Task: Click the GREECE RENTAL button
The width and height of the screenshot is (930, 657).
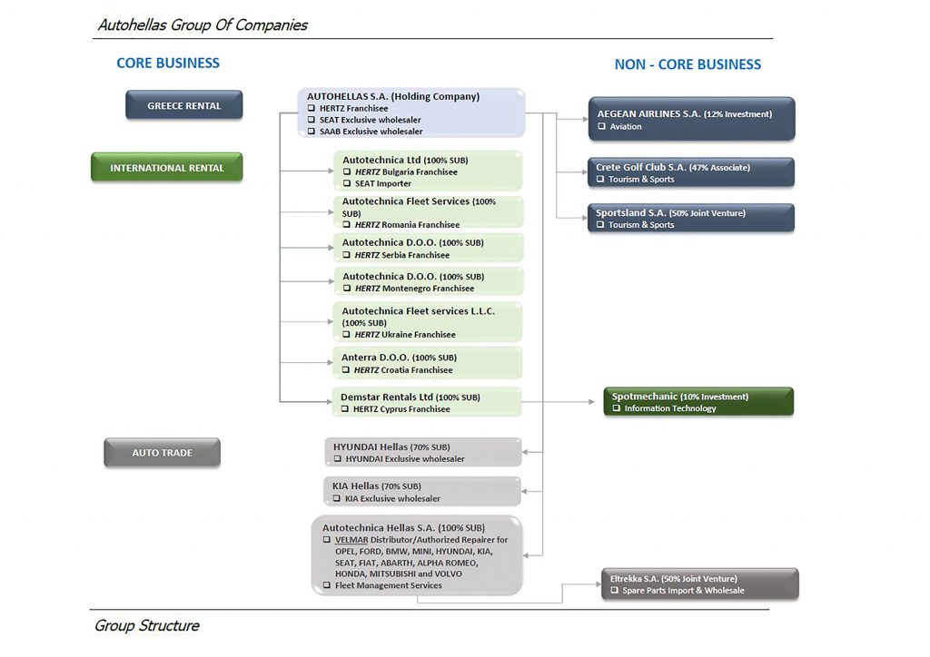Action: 183,105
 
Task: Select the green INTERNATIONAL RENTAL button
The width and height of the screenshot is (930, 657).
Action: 167,167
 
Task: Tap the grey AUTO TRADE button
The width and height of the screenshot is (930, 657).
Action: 162,453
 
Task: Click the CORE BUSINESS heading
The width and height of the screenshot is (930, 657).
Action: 168,63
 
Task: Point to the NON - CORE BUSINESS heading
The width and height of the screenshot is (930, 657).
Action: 688,64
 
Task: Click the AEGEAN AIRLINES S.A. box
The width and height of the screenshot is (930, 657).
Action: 691,119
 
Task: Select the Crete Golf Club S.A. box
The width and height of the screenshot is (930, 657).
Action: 691,172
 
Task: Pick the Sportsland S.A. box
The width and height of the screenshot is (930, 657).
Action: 691,218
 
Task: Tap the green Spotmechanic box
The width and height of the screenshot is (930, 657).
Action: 698,402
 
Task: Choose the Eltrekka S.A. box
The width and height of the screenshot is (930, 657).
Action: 700,584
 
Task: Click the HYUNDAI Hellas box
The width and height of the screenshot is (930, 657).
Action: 423,452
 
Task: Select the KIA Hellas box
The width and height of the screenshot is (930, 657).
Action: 422,492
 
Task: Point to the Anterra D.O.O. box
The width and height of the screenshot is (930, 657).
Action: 427,363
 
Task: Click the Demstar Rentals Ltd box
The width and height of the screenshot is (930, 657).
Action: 427,402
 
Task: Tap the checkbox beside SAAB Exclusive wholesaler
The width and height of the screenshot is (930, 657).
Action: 312,131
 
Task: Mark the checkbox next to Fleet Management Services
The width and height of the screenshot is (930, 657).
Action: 327,585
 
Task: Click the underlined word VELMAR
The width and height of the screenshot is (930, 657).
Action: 351,540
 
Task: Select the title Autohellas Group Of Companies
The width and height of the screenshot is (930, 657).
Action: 203,25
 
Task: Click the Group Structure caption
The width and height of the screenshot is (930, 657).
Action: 147,625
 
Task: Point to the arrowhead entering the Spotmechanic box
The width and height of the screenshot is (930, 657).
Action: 591,402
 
